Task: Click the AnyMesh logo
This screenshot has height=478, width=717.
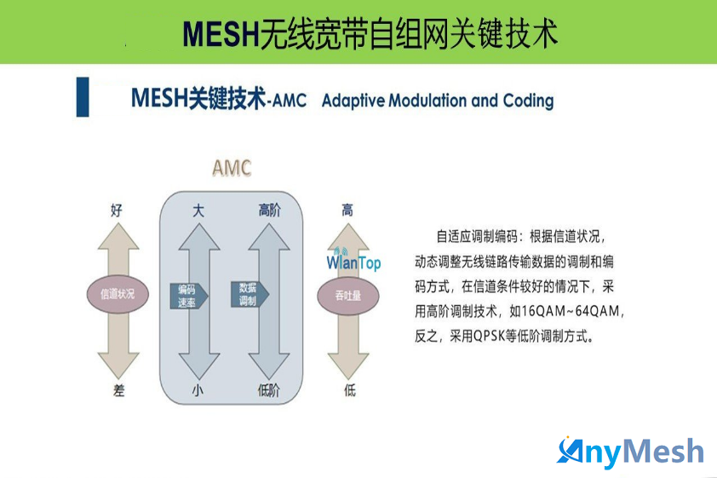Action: point(630,452)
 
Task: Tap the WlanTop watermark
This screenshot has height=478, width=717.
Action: point(353,260)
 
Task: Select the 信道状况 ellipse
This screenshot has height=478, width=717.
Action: point(118,294)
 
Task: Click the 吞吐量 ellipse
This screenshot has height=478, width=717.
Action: point(348,296)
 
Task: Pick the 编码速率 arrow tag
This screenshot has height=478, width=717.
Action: point(189,296)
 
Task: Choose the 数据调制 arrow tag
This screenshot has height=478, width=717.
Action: point(250,294)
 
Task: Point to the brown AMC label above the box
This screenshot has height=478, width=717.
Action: point(232,169)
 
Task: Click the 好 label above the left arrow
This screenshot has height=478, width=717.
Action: point(117,210)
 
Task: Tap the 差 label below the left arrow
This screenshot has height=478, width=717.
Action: point(118,390)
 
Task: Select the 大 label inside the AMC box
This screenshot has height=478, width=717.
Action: point(198,210)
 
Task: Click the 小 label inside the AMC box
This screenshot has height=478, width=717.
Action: point(198,390)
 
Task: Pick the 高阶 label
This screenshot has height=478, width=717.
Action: point(269,210)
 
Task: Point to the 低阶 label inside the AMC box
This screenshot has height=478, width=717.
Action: point(268,390)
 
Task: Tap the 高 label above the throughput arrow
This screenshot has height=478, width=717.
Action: point(347,210)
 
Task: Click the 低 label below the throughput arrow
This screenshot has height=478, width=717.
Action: point(350,390)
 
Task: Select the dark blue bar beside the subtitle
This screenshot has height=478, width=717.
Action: point(83,97)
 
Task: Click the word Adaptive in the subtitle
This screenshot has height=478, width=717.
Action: point(353,101)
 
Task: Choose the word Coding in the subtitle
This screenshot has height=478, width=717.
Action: point(528,101)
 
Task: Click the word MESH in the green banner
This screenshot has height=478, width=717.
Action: point(221,34)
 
